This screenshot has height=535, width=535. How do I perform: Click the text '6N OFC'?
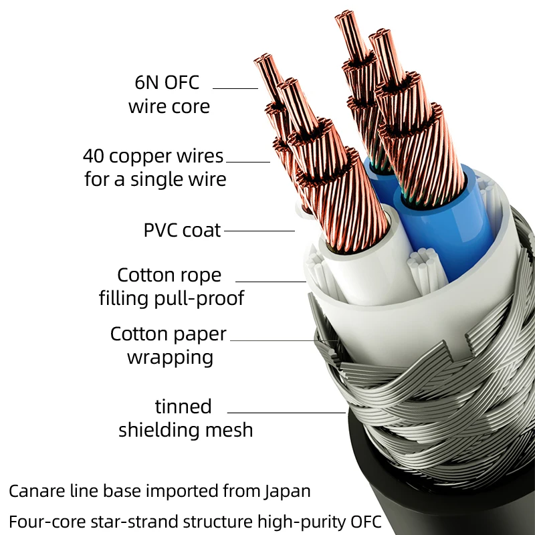(x=167, y=83)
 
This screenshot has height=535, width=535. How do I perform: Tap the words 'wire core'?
(x=169, y=106)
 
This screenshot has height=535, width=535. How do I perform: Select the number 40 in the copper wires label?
(x=94, y=156)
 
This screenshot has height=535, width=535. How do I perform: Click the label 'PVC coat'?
(x=182, y=231)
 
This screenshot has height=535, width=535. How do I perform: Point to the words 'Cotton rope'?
(x=169, y=275)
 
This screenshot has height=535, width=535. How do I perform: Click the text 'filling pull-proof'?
(x=172, y=298)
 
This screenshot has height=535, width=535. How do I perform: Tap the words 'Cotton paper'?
(x=169, y=334)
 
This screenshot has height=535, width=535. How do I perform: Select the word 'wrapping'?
(x=170, y=357)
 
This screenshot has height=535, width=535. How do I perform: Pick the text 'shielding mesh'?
(x=186, y=430)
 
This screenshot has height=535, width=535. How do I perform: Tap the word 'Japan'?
(x=288, y=492)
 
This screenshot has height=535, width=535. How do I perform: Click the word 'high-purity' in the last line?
(x=296, y=521)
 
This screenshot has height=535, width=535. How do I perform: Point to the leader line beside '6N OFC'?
(x=235, y=88)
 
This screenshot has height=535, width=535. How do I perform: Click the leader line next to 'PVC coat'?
(x=259, y=231)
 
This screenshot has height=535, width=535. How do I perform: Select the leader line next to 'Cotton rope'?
(x=270, y=281)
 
